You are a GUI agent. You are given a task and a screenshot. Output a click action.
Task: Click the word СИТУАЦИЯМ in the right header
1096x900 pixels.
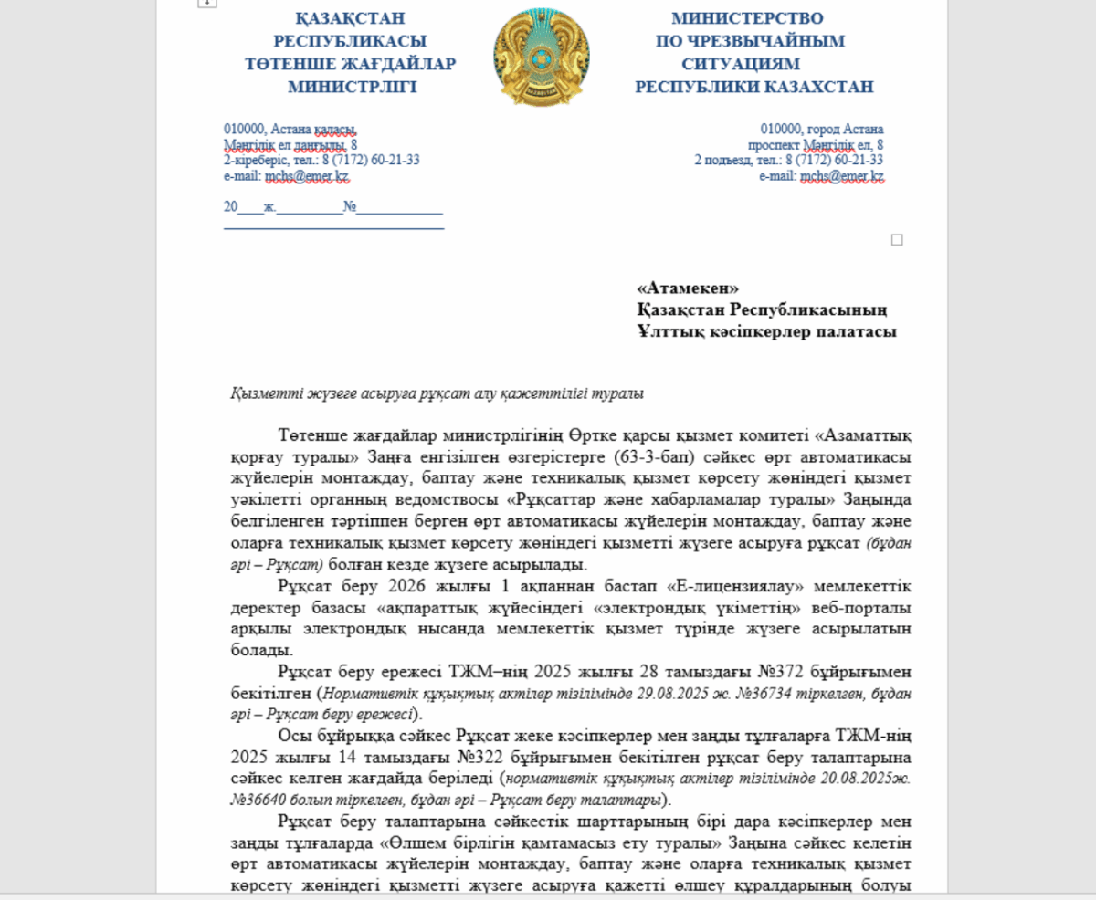click(x=740, y=64)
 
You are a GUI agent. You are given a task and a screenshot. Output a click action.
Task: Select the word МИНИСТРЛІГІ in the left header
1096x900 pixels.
click(x=352, y=88)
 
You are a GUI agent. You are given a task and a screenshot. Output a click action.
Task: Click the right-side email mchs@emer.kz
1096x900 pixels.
click(x=841, y=176)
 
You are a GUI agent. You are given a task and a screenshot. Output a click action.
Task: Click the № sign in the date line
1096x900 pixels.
click(x=349, y=207)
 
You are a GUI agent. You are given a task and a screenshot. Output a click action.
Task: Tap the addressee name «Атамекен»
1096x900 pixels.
click(x=688, y=288)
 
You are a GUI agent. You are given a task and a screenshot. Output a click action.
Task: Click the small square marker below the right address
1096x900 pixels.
click(x=897, y=240)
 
